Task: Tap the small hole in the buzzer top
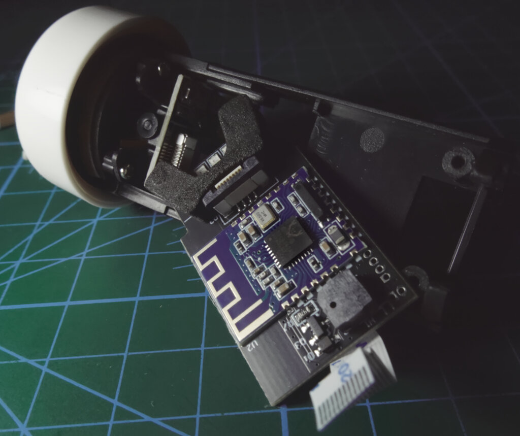coord(332,305)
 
